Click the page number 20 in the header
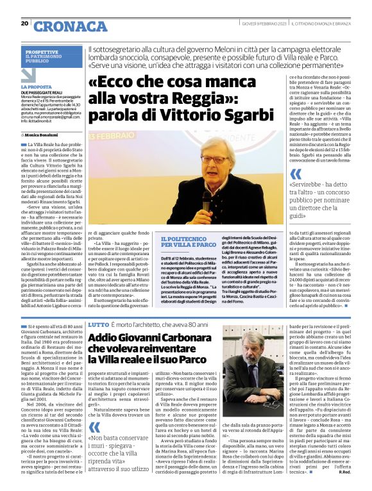pyautogui.click(x=24, y=24)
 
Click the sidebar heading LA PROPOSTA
pyautogui.click(x=35, y=87)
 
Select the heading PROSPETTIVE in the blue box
pyautogui.click(x=43, y=51)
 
